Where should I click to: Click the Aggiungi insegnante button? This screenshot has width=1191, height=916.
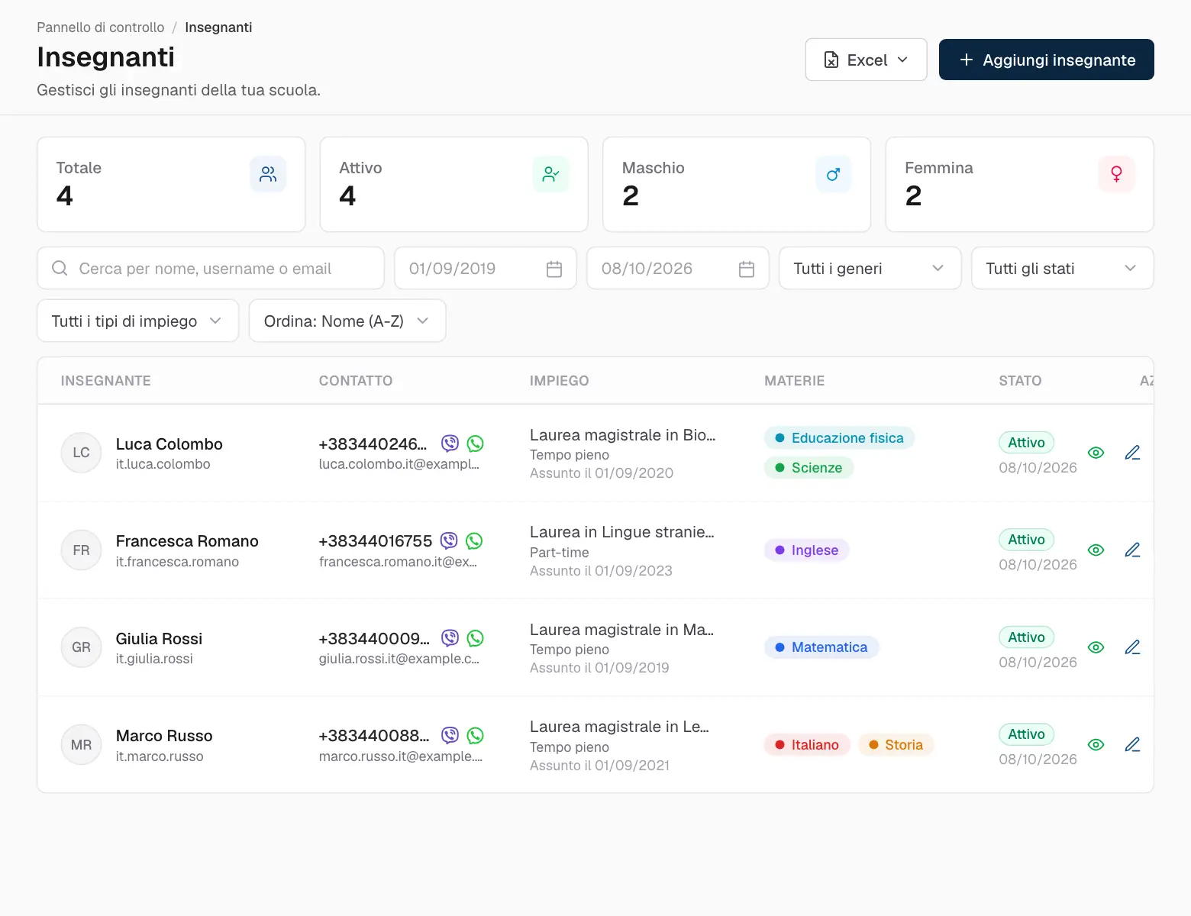click(1046, 60)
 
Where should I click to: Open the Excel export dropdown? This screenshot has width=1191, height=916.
click(866, 60)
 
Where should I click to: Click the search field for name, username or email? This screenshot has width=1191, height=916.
click(211, 269)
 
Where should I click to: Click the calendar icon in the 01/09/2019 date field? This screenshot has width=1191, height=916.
click(554, 269)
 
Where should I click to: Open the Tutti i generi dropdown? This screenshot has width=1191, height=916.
click(870, 269)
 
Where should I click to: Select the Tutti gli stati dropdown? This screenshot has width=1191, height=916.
click(1062, 269)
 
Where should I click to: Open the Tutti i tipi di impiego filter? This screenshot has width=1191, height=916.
click(137, 321)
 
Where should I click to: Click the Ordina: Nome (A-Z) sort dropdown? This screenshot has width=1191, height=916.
click(347, 321)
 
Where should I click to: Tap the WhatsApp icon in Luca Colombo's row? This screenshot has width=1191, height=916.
click(475, 443)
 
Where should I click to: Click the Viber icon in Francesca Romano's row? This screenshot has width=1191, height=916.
click(449, 540)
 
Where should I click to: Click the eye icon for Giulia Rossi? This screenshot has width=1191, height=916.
click(1096, 647)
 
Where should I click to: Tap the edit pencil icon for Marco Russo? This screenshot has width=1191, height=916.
click(1132, 744)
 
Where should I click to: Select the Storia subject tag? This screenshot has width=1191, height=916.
click(896, 745)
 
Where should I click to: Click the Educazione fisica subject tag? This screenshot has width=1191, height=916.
click(839, 438)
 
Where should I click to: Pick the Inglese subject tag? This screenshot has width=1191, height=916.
click(807, 550)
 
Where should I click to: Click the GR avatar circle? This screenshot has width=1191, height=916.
click(81, 647)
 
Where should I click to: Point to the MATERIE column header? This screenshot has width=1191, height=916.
click(794, 381)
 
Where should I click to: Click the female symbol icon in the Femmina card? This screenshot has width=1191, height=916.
click(1116, 174)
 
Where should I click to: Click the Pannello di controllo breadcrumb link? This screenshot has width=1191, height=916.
click(100, 27)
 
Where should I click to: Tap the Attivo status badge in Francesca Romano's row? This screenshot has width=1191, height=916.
click(1026, 540)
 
